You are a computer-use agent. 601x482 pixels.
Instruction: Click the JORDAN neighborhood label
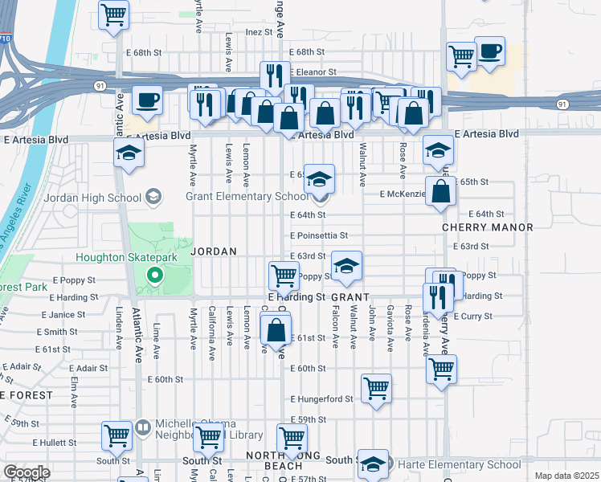214,251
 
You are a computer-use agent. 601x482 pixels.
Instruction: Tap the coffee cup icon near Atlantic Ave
147,100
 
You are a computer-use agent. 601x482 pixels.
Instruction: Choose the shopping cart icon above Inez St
114,14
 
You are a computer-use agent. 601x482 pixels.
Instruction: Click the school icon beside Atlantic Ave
128,153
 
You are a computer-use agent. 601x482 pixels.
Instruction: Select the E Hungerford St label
322,398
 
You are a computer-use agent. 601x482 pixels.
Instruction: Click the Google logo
27,472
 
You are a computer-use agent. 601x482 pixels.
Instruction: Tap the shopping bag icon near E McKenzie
441,192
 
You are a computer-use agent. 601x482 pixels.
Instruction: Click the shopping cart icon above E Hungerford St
376,389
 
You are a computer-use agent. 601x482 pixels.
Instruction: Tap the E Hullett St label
54,443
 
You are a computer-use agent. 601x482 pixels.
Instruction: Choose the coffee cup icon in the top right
489,52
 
